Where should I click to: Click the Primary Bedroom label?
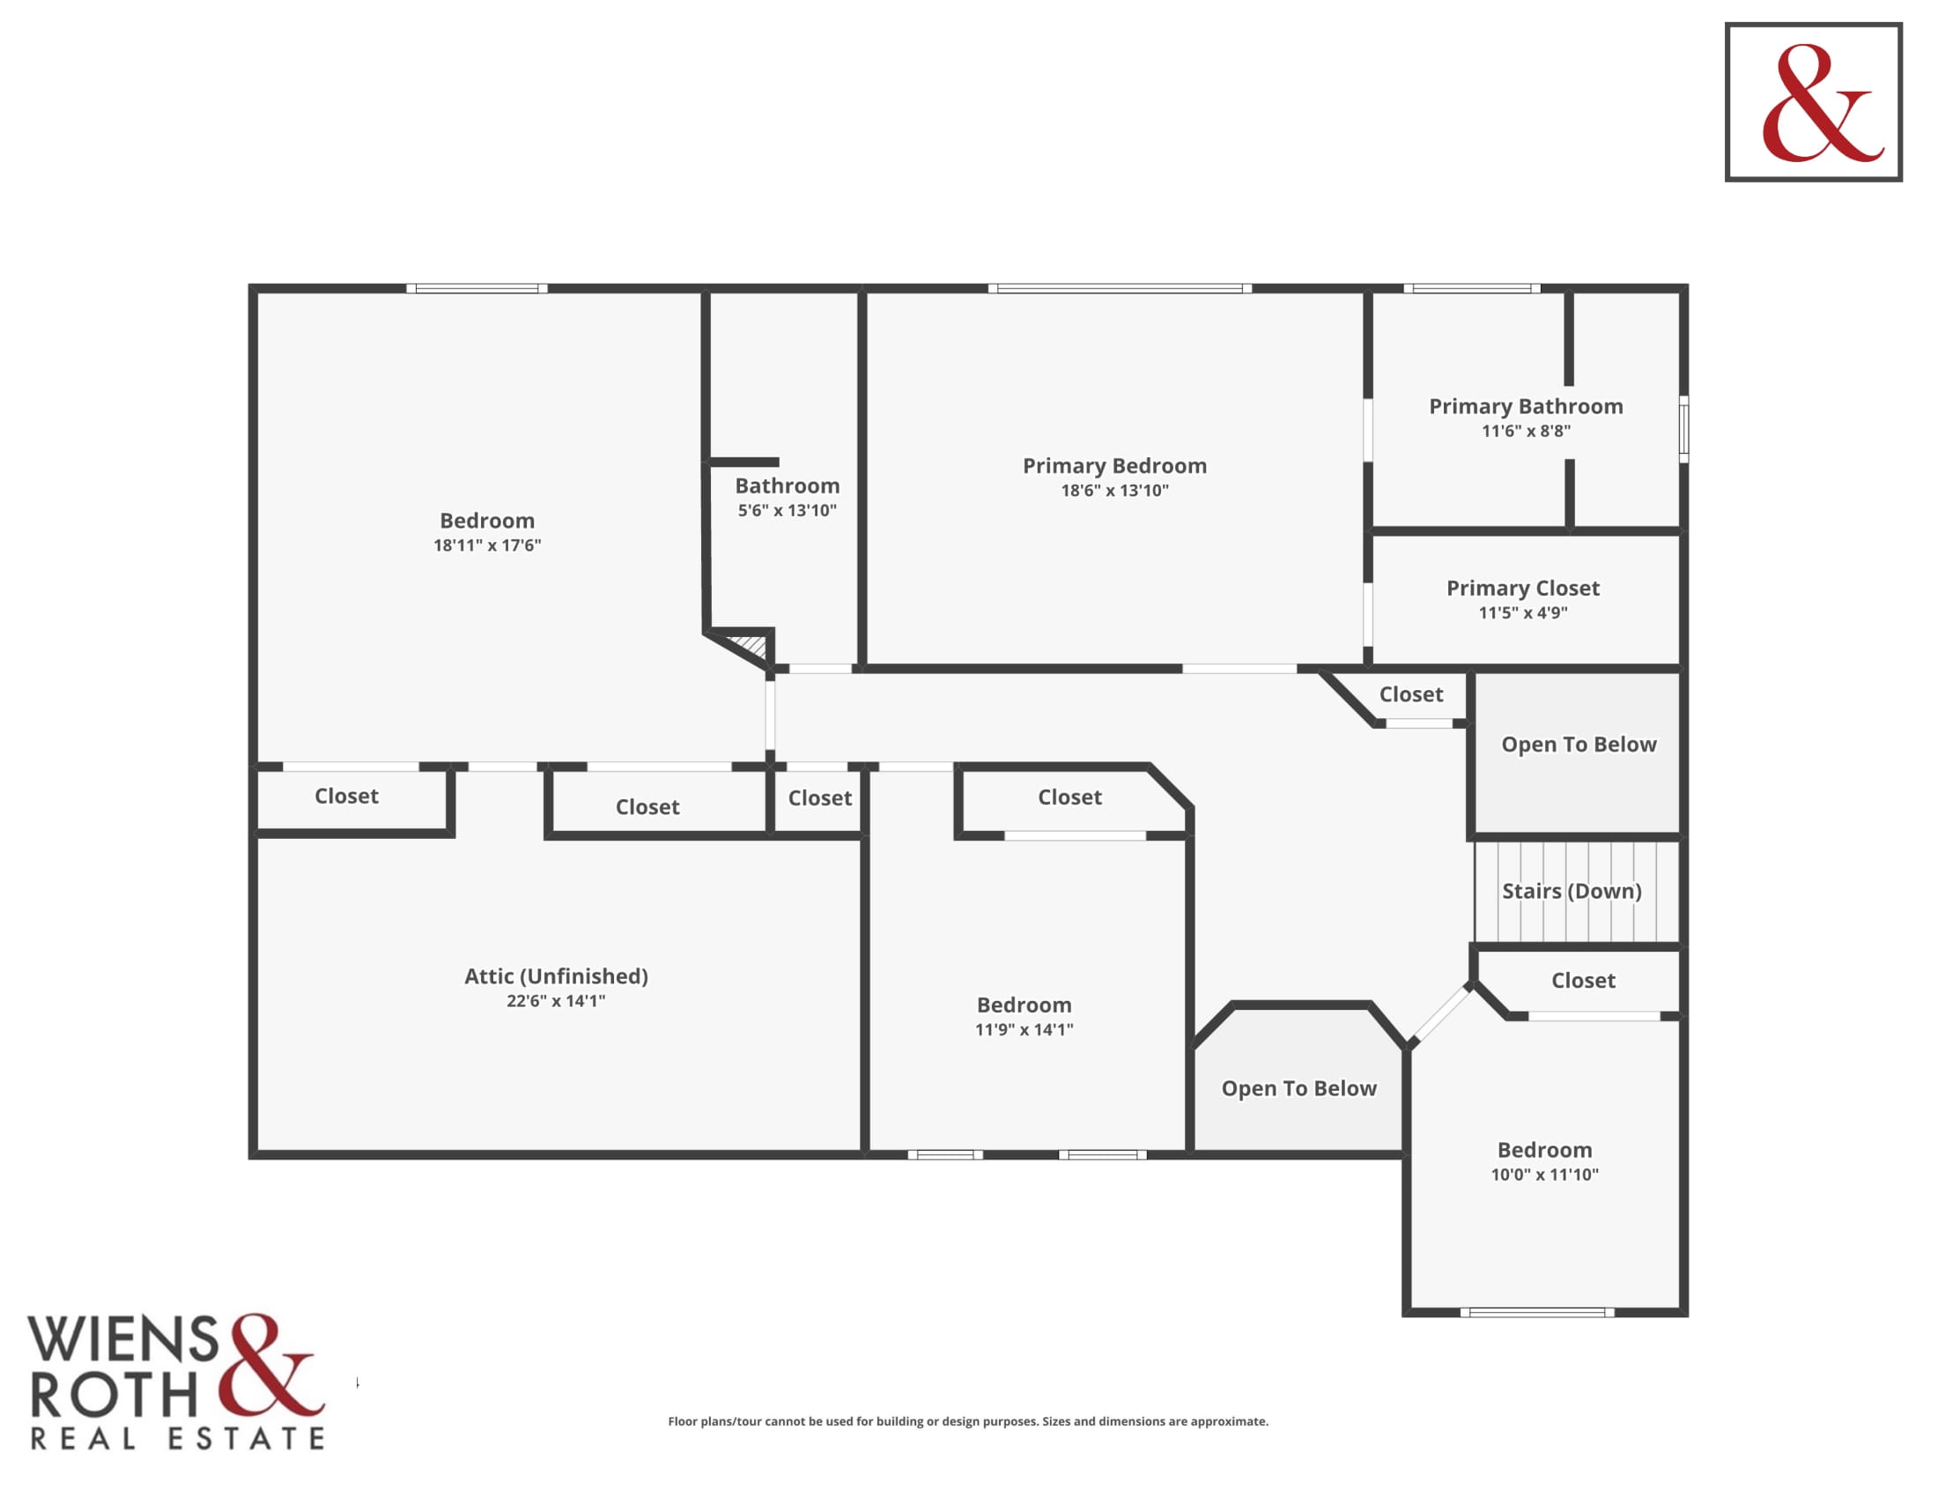[x=1114, y=466]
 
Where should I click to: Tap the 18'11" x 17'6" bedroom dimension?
[x=487, y=545]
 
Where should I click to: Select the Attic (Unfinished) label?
[x=557, y=976]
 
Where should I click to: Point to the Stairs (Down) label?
[x=1572, y=891]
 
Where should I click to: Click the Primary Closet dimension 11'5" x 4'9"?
[x=1523, y=612]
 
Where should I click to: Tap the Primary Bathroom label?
[x=1526, y=406]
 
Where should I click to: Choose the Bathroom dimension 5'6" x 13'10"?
[x=787, y=510]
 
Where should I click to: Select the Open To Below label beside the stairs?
[x=1579, y=745]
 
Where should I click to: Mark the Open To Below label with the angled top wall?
[x=1299, y=1089]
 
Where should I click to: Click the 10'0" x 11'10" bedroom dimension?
[x=1545, y=1174]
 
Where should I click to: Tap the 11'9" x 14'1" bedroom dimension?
[x=1024, y=1029]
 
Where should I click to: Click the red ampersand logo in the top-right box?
[x=1823, y=103]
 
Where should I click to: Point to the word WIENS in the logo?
[x=123, y=1339]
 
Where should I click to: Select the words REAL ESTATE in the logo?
[x=177, y=1439]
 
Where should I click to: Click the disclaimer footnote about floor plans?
[x=968, y=1420]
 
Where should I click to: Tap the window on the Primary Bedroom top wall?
[x=1120, y=288]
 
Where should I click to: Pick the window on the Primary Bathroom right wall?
[x=1683, y=429]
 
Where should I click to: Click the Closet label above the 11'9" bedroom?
[x=1070, y=797]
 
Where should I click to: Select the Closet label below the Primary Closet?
[x=1411, y=694]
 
